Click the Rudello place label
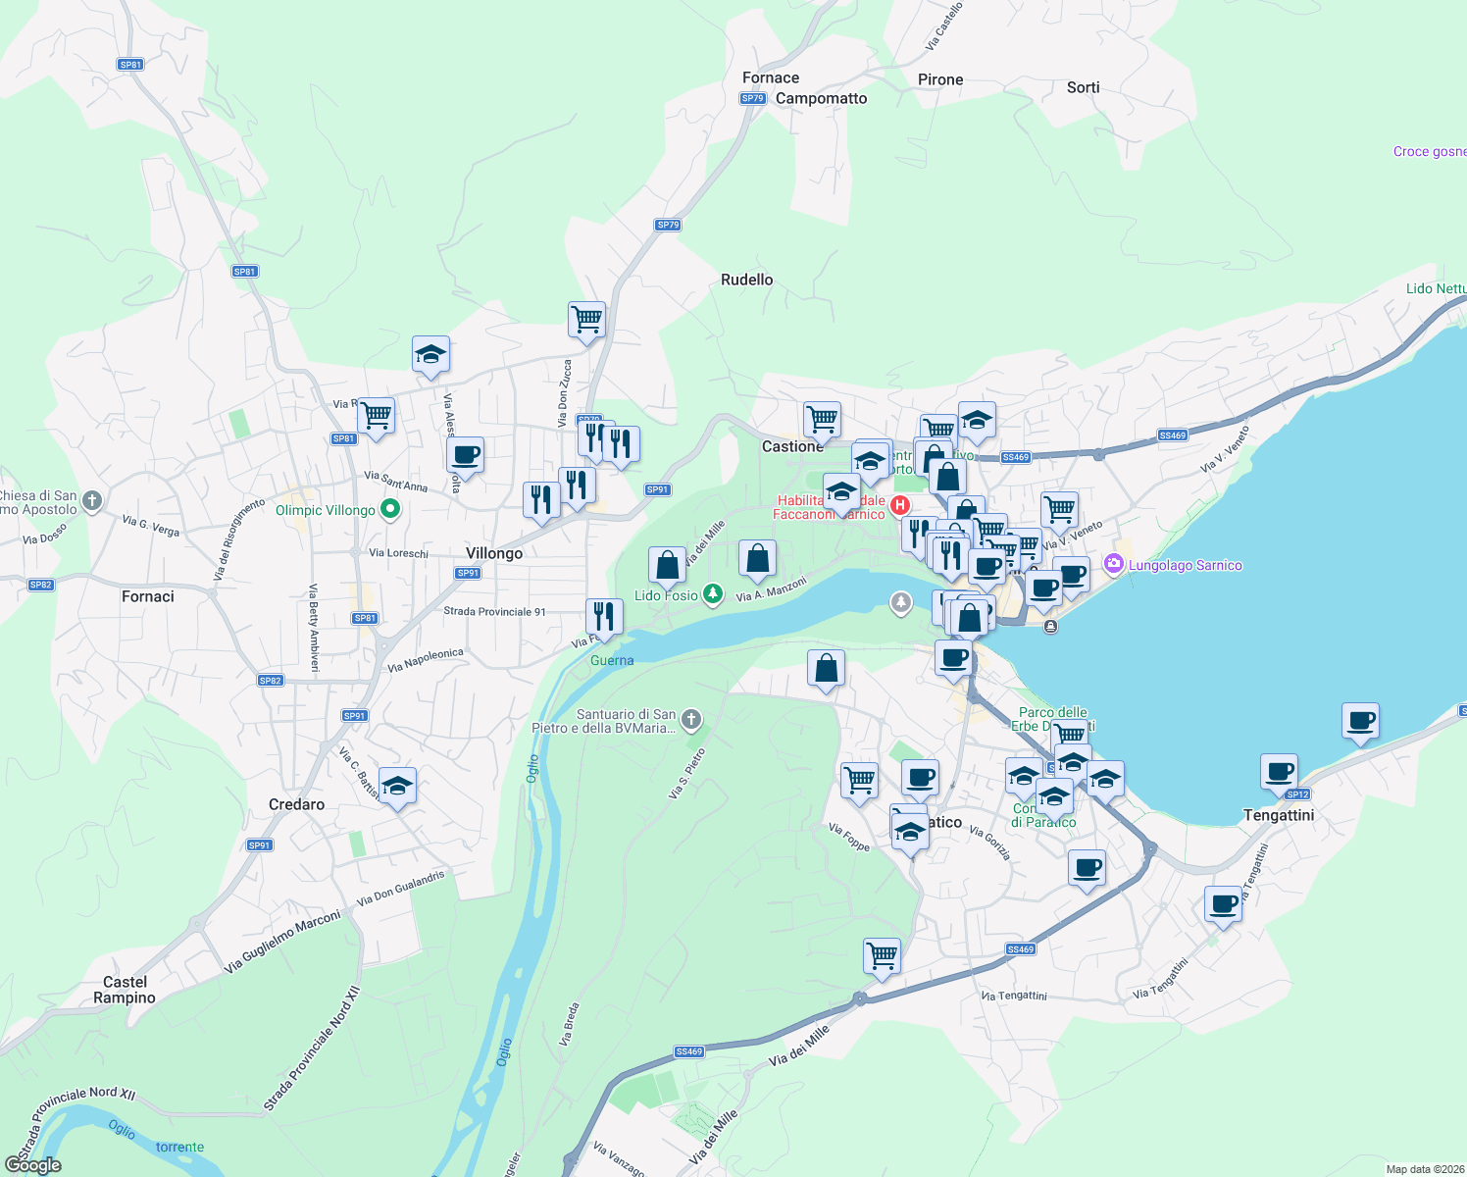[x=746, y=280]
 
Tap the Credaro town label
[x=296, y=804]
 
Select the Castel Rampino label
[x=125, y=990]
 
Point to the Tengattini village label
[x=1279, y=815]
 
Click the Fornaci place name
[x=148, y=596]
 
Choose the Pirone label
[x=940, y=79]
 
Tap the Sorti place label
[x=1083, y=87]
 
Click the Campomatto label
[x=821, y=98]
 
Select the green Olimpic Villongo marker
[x=390, y=509]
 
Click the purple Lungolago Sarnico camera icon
[x=1113, y=564]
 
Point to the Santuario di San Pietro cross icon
[x=691, y=721]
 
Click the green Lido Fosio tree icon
[x=713, y=594]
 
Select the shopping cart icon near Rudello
[x=586, y=319]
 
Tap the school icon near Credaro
[x=397, y=786]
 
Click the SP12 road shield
[x=1297, y=794]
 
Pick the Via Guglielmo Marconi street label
[x=282, y=942]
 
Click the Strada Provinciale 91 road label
[x=494, y=611]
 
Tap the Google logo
[x=33, y=1165]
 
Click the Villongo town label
[x=494, y=553]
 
